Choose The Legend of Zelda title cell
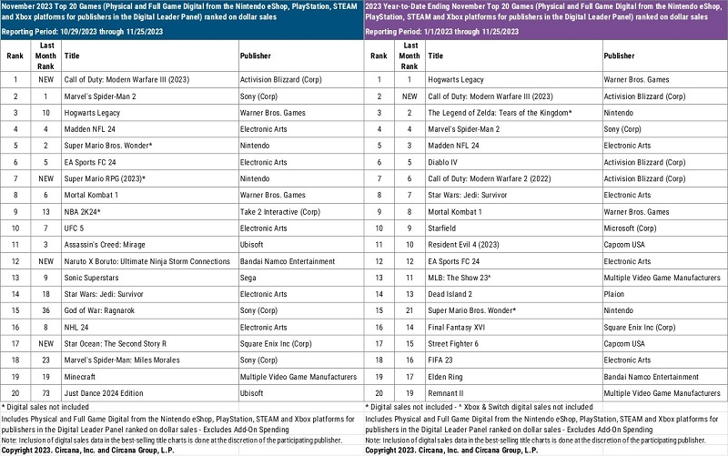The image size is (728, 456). click(x=500, y=112)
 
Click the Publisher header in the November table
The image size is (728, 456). click(x=256, y=56)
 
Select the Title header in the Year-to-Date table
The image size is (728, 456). click(x=435, y=56)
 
